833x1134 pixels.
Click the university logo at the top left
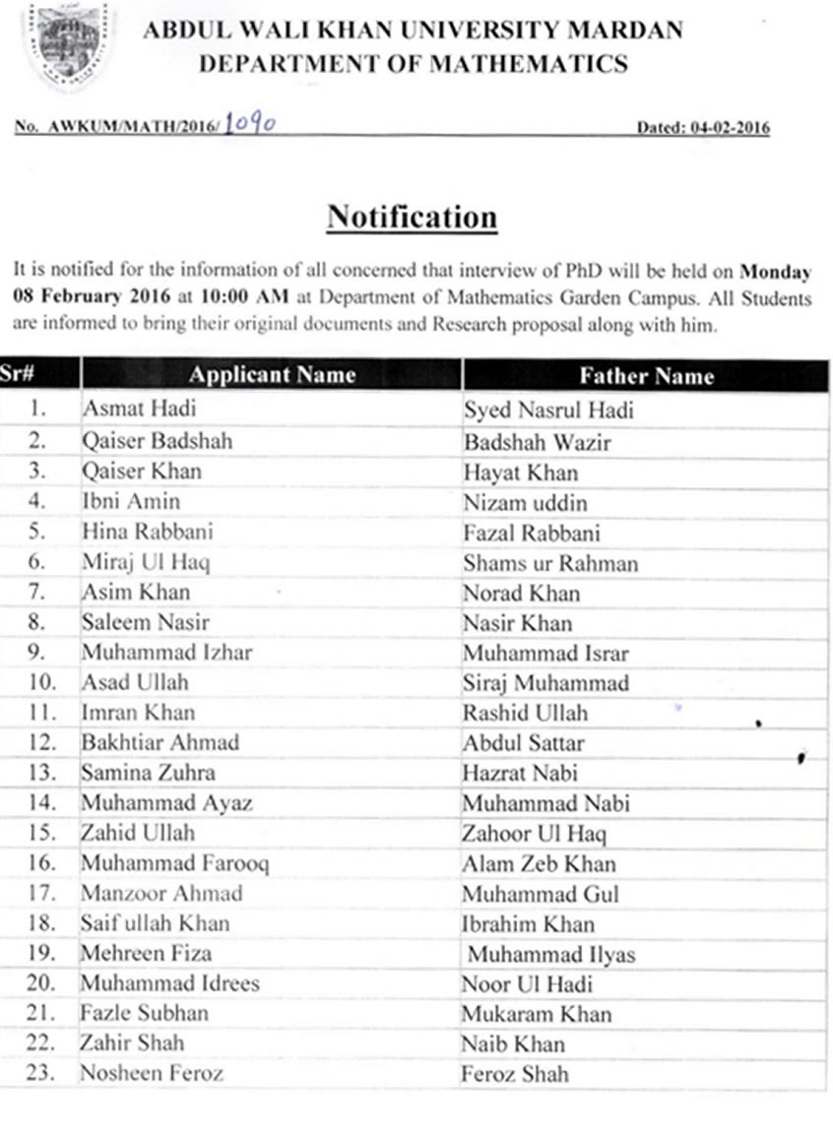[67, 45]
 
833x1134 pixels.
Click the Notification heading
[412, 217]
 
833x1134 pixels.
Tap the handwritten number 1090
[249, 124]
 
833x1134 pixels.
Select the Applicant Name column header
[272, 375]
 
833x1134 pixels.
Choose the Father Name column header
[646, 376]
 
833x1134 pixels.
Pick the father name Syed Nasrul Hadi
[548, 410]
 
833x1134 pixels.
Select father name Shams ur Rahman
[550, 563]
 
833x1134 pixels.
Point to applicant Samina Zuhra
[148, 773]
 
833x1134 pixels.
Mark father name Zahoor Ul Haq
[534, 834]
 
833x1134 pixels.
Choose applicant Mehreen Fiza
[146, 953]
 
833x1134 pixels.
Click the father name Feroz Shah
[515, 1074]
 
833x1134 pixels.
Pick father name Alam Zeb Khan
[539, 864]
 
